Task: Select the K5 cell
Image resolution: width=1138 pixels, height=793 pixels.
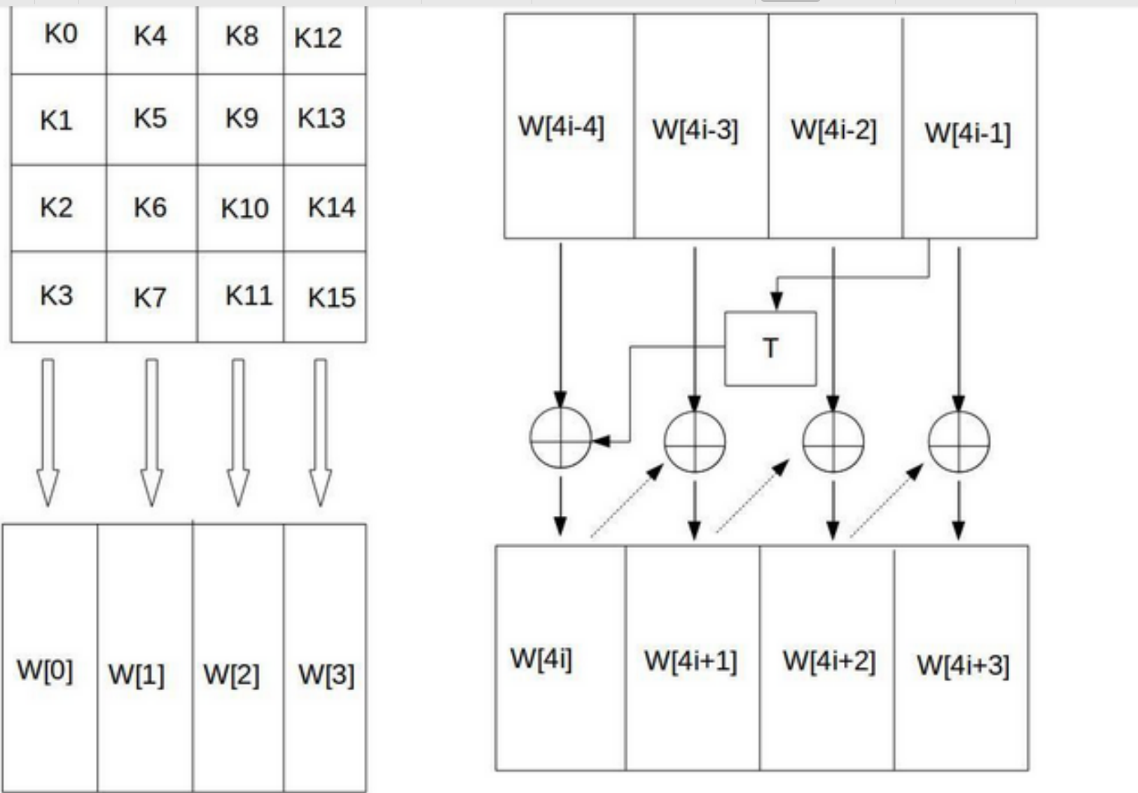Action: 150,119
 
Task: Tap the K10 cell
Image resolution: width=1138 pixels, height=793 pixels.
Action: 244,209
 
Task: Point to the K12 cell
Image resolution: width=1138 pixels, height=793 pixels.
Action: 319,38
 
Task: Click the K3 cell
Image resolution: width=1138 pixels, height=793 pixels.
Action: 56,296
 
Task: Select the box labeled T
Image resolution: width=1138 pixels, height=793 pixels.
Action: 770,348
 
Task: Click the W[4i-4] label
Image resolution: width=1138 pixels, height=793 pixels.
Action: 561,127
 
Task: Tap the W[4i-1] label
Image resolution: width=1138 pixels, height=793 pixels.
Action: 967,133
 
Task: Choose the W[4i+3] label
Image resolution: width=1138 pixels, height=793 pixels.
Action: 963,665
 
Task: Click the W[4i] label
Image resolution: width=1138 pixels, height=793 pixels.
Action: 541,659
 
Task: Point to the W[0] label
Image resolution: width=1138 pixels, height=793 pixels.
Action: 45,670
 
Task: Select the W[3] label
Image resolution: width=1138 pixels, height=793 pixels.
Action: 326,675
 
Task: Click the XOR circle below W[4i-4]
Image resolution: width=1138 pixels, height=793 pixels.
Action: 560,437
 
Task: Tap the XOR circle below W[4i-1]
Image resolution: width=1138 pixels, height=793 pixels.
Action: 959,441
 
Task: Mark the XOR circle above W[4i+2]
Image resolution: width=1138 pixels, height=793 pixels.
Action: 833,441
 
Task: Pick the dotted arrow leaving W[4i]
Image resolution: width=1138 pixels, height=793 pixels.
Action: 627,500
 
